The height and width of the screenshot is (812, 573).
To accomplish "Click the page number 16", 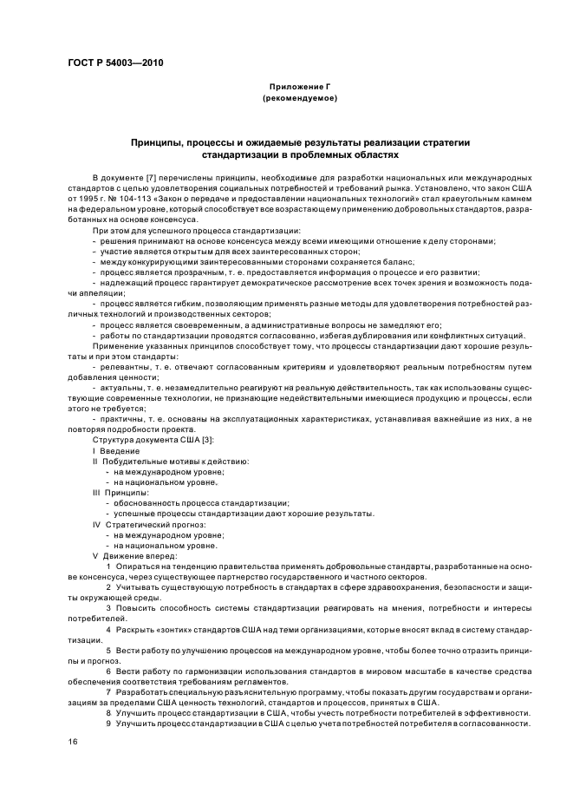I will [x=72, y=743].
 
